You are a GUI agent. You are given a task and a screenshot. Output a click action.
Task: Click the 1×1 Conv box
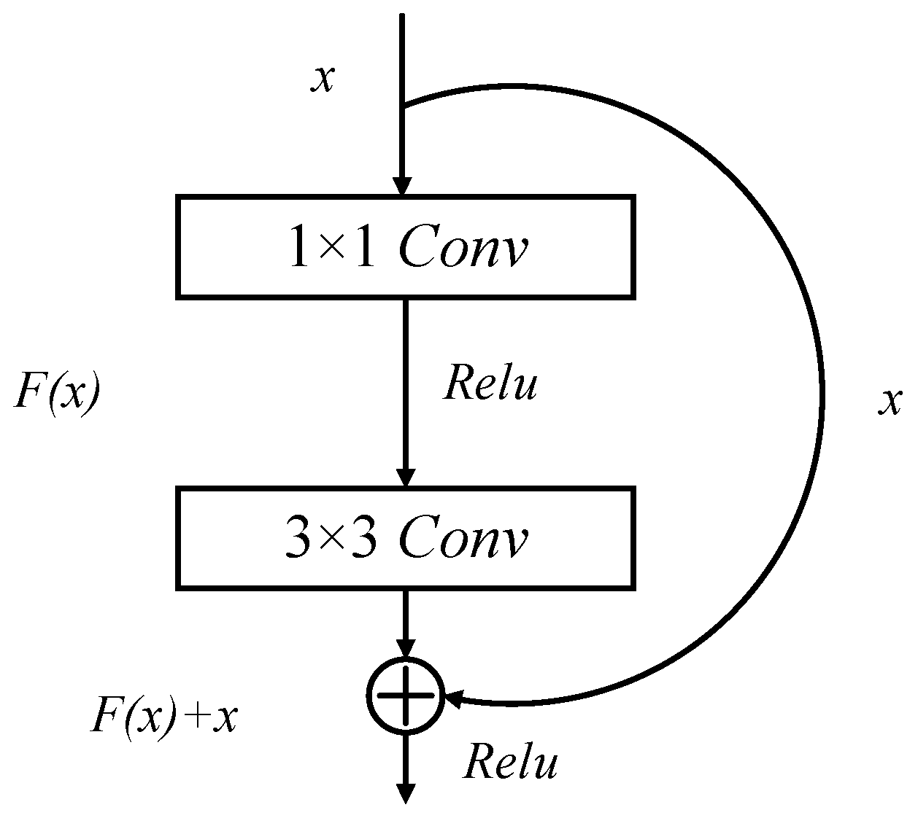[x=405, y=246]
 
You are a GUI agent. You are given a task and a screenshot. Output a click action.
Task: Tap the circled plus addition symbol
[x=405, y=695]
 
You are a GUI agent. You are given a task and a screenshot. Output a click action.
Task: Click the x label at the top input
[x=323, y=78]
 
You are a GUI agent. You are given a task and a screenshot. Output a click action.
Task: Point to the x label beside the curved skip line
[x=889, y=401]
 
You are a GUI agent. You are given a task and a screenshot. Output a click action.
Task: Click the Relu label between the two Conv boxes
[x=490, y=383]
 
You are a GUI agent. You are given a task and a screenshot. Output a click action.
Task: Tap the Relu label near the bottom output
[x=510, y=763]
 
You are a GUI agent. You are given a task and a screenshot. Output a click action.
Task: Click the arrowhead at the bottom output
[x=405, y=793]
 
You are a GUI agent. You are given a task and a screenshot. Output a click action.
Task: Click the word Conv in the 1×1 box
[x=463, y=250]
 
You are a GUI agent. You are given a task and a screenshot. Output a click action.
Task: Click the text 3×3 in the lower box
[x=332, y=540]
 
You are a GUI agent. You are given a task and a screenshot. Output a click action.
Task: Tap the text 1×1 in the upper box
[x=332, y=249]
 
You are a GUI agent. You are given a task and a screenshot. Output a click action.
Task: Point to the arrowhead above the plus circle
[x=405, y=648]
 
